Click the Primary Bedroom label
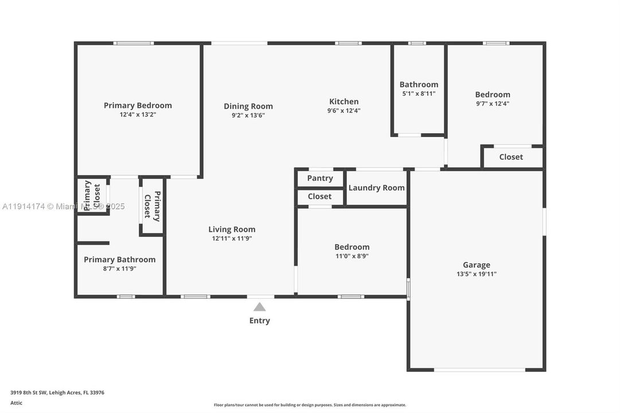point(138,106)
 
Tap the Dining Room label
point(248,106)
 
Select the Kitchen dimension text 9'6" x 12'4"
point(344,111)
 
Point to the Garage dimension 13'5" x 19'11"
point(476,274)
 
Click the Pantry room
point(320,178)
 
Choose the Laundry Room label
point(376,188)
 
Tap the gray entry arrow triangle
point(260,307)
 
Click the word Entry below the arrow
point(259,321)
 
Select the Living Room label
point(232,229)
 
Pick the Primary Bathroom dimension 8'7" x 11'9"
point(119,268)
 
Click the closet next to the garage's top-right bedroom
point(511,157)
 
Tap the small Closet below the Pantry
point(319,197)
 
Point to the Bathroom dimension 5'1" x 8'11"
point(419,93)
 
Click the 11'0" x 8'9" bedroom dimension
point(352,256)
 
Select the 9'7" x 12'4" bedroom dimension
point(492,104)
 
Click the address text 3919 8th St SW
point(57,393)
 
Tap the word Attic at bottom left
point(17,403)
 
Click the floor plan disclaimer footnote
point(310,405)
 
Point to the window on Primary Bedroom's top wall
point(133,43)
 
